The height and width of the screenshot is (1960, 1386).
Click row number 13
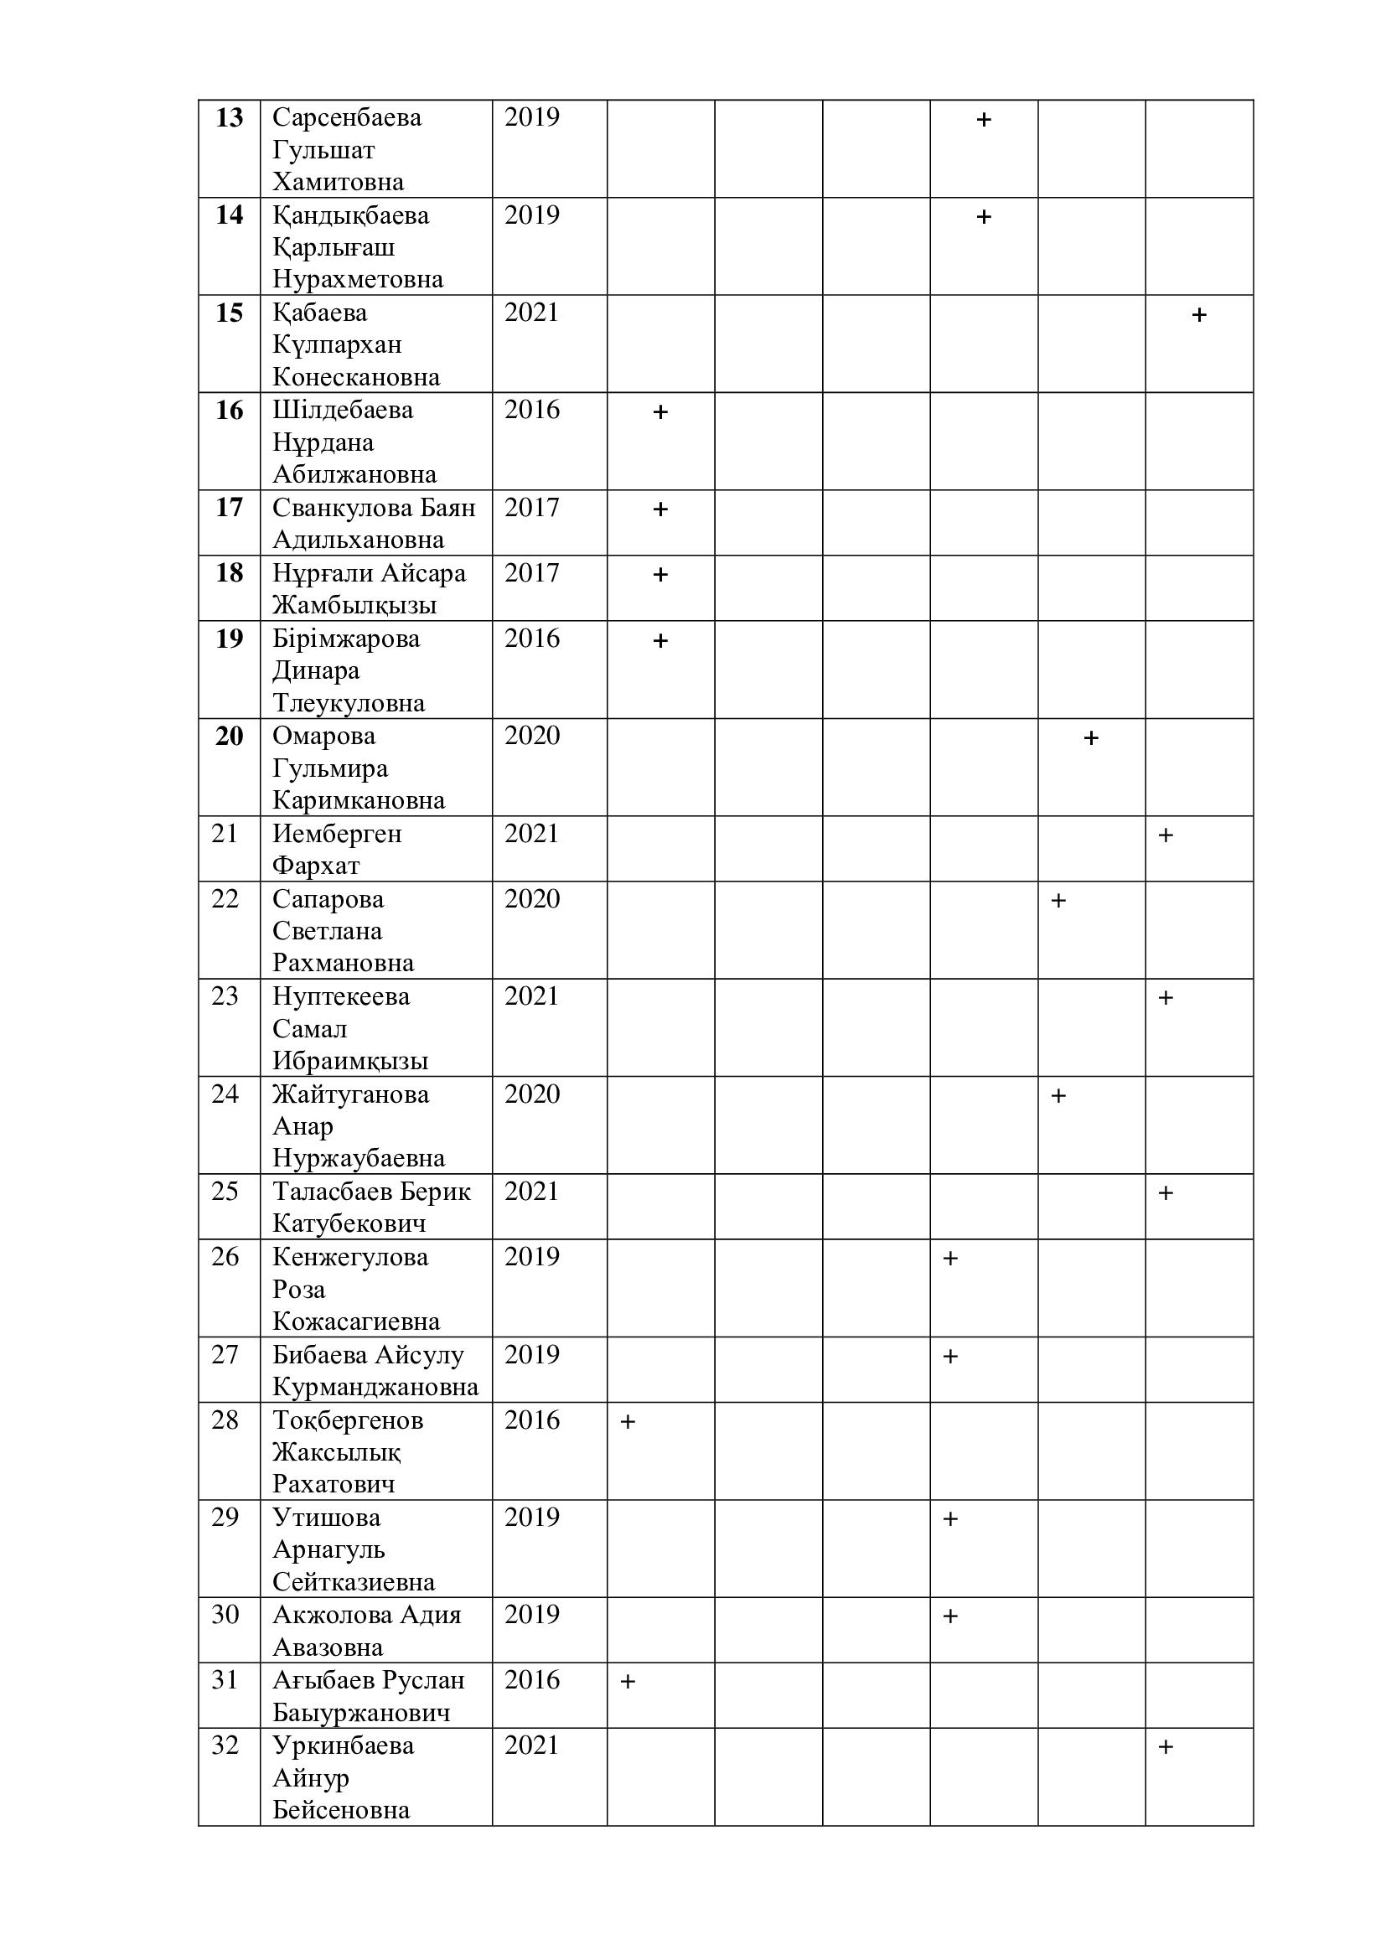(229, 117)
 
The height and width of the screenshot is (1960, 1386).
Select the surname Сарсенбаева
(347, 117)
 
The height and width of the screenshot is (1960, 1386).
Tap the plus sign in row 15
(1198, 315)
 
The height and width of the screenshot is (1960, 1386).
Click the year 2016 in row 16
(532, 410)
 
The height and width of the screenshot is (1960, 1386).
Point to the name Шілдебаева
(342, 410)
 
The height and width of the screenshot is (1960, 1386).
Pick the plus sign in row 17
(659, 509)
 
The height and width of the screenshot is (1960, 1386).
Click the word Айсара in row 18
(423, 573)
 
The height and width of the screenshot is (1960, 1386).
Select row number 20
(229, 736)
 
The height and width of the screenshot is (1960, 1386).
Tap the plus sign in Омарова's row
(1090, 737)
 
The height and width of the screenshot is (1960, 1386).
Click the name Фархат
(316, 866)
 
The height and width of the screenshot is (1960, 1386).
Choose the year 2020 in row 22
(532, 899)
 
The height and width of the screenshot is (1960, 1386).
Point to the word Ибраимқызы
(350, 1061)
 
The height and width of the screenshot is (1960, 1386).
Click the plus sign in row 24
(1058, 1096)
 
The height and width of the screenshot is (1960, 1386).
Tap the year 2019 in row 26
(532, 1257)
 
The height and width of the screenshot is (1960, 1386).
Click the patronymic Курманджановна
(375, 1387)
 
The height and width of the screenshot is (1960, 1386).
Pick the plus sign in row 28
(628, 1422)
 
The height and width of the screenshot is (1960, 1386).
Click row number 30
(225, 1614)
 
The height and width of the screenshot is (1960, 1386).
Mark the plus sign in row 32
(1166, 1747)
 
